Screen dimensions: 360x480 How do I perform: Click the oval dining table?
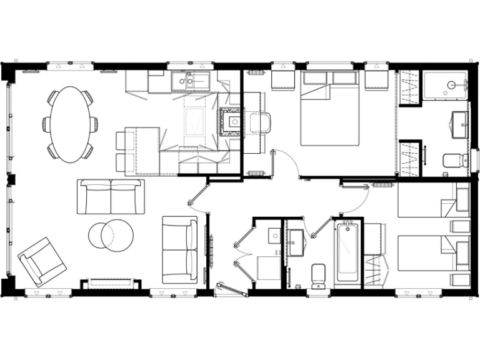pyautogui.click(x=70, y=124)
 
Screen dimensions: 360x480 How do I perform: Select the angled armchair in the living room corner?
pyautogui.click(x=42, y=261)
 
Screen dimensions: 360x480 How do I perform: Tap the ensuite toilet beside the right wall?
pyautogui.click(x=455, y=161)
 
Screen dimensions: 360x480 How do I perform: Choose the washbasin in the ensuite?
pyautogui.click(x=460, y=120)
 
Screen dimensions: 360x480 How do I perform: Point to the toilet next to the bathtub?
pyautogui.click(x=319, y=275)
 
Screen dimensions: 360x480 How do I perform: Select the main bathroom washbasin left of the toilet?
pyautogui.click(x=296, y=238)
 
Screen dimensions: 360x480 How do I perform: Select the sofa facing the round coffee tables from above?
pyautogui.click(x=111, y=196)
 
